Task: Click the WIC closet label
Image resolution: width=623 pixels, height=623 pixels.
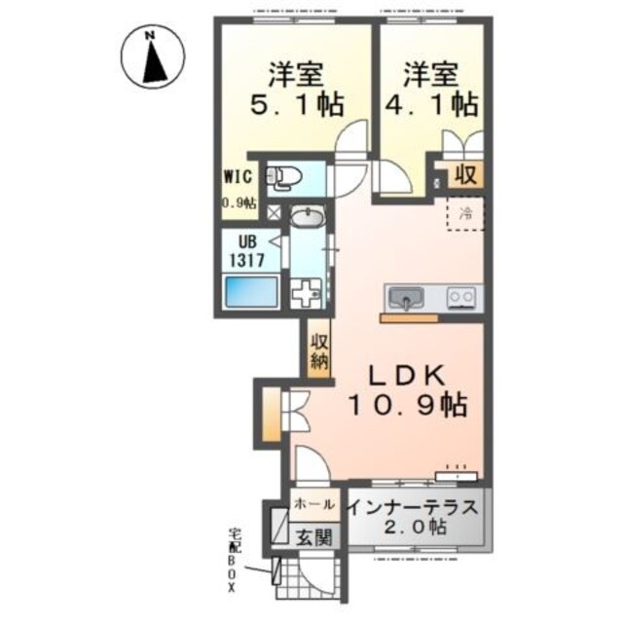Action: coord(238,178)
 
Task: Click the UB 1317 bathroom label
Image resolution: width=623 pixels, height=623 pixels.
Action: coord(242,252)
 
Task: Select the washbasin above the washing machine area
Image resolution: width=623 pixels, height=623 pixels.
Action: coord(308,217)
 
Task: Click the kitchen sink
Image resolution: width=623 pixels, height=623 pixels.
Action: coord(402,296)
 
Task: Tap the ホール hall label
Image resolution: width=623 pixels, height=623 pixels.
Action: coord(314,504)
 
